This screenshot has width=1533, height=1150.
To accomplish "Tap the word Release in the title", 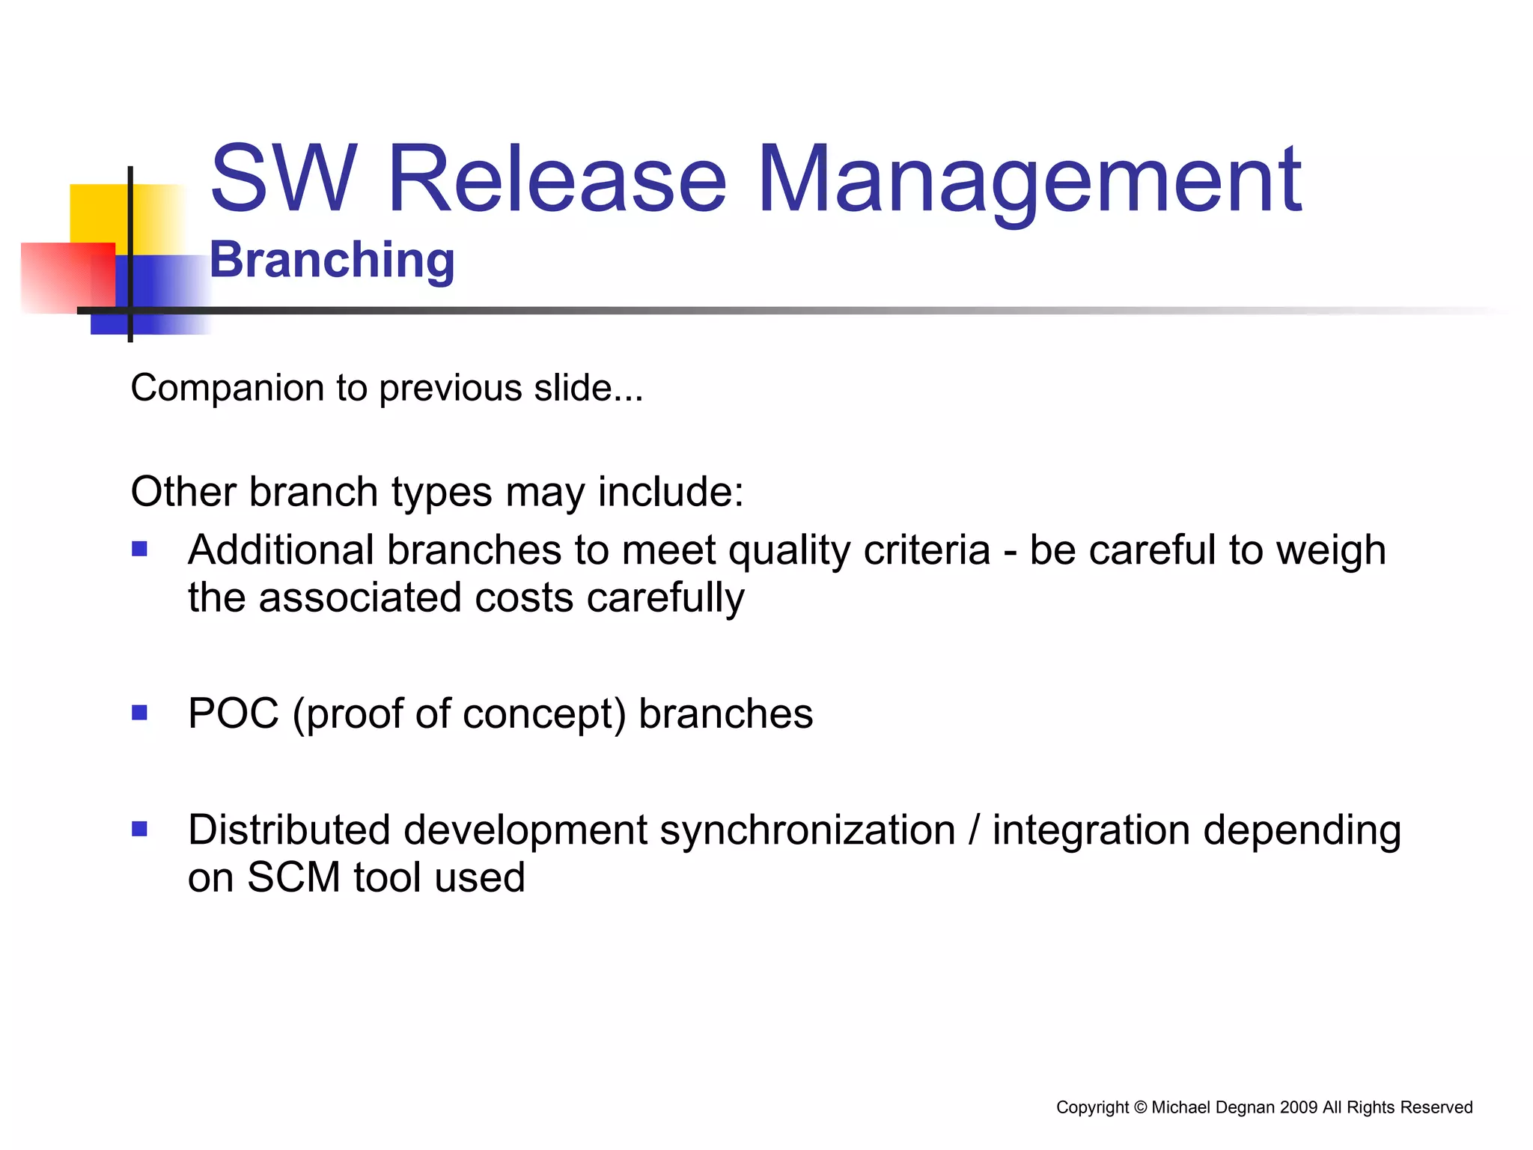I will tap(557, 180).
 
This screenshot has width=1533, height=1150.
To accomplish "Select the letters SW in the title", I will tap(283, 180).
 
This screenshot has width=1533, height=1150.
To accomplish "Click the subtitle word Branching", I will tap(332, 260).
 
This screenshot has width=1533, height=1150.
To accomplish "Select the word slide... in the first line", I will tap(588, 388).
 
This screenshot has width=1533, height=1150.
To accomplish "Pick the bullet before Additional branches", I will tap(139, 550).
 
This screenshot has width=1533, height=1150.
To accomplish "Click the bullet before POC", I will tap(139, 712).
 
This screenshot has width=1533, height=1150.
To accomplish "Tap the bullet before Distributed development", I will tap(139, 829).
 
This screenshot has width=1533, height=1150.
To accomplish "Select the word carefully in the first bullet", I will tap(665, 598).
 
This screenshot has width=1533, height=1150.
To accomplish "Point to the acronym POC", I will tap(234, 714).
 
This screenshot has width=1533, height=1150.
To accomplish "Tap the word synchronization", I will tap(807, 830).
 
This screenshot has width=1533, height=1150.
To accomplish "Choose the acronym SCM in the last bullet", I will tap(293, 877).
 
